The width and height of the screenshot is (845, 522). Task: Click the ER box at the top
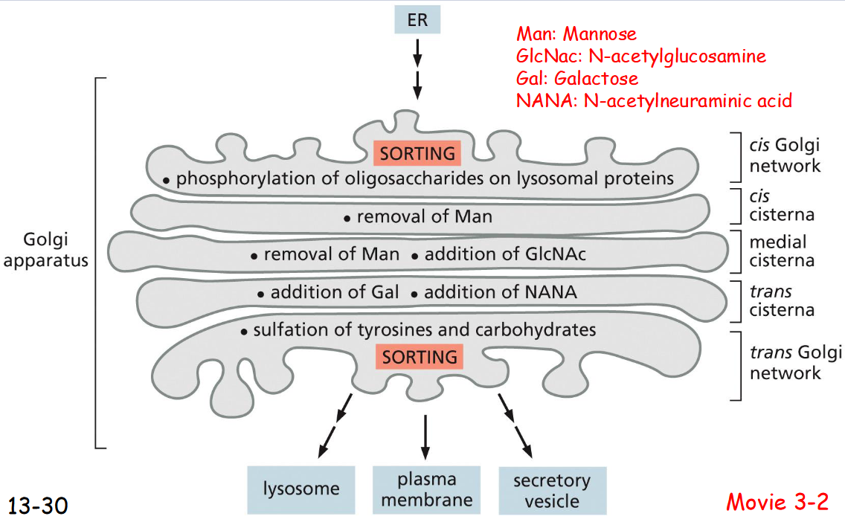point(417,19)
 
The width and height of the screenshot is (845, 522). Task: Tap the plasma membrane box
point(426,489)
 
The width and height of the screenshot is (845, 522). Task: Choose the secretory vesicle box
point(552,491)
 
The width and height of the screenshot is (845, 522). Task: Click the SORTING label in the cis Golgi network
point(417,154)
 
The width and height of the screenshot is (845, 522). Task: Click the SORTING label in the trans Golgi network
point(420,357)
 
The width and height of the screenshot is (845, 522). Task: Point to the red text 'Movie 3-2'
point(777,502)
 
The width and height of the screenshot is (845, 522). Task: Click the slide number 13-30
point(39,506)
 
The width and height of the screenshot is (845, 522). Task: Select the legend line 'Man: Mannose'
point(576,34)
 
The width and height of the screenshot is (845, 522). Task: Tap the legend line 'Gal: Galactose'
point(576,78)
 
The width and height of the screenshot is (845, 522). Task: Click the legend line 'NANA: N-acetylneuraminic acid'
point(653,100)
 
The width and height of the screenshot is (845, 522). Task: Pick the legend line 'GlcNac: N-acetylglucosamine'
point(640,56)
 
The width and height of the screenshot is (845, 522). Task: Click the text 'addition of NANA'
point(500,292)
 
